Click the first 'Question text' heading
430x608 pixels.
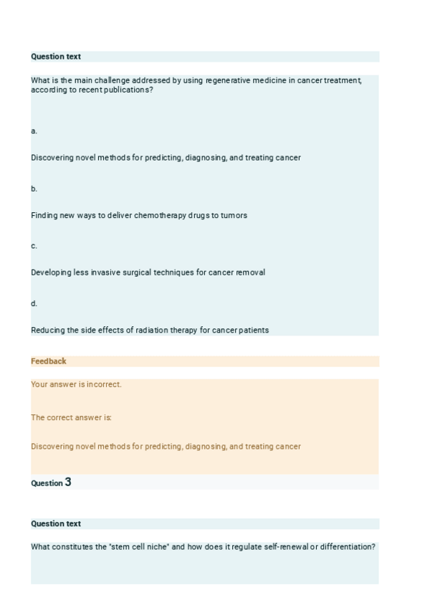point(56,57)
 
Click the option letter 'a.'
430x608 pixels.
point(34,131)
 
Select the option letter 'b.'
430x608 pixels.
point(34,189)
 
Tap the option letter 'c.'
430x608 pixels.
point(34,246)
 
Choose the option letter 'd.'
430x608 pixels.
point(34,303)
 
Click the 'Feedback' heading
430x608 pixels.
point(49,361)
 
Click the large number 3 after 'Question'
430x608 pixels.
point(68,483)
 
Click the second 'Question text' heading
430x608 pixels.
point(56,524)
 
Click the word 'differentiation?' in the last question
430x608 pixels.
point(347,547)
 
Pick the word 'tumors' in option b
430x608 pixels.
point(234,215)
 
